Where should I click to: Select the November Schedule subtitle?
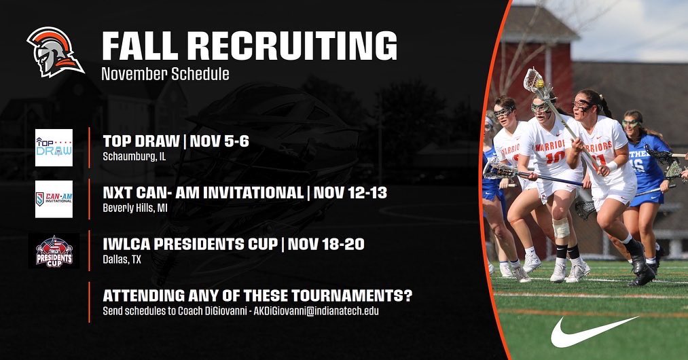pos(165,73)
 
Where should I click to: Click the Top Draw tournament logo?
pos(54,147)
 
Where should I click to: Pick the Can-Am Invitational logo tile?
pos(54,199)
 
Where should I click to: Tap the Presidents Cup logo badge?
pos(54,251)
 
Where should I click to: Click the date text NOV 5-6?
pos(219,141)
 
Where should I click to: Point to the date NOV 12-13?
pos(350,192)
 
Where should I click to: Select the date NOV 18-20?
pos(326,244)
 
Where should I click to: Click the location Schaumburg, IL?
pos(134,157)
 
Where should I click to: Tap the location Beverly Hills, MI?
pos(135,208)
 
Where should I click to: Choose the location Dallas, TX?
pos(122,259)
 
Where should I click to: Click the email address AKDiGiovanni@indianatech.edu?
pos(316,311)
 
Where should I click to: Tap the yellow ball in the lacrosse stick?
pos(540,84)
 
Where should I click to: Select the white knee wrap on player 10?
pos(561,228)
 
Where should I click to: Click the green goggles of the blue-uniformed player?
pos(631,123)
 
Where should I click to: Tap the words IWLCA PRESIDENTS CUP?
pos(190,244)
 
